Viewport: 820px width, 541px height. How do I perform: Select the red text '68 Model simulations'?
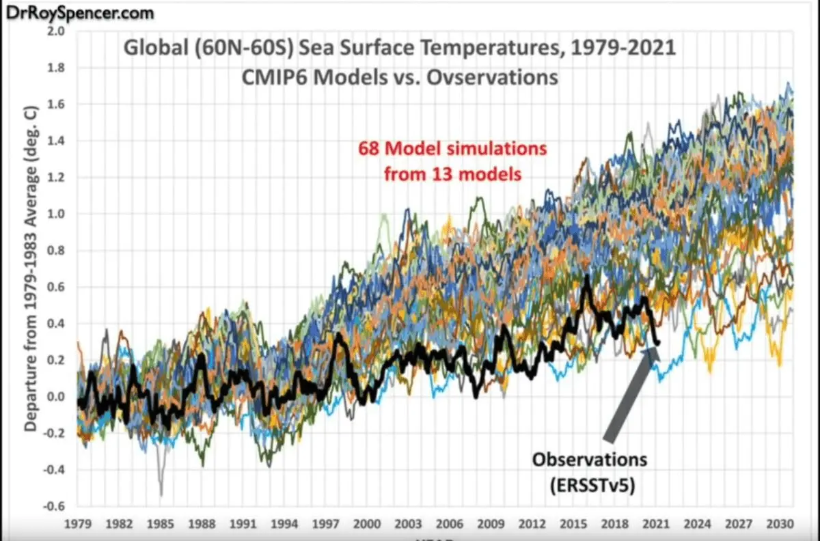click(x=452, y=148)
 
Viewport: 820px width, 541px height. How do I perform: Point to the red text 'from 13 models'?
click(x=452, y=174)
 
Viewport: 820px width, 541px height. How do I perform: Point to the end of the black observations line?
click(x=658, y=343)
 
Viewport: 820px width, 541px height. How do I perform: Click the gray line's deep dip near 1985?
click(x=161, y=493)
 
